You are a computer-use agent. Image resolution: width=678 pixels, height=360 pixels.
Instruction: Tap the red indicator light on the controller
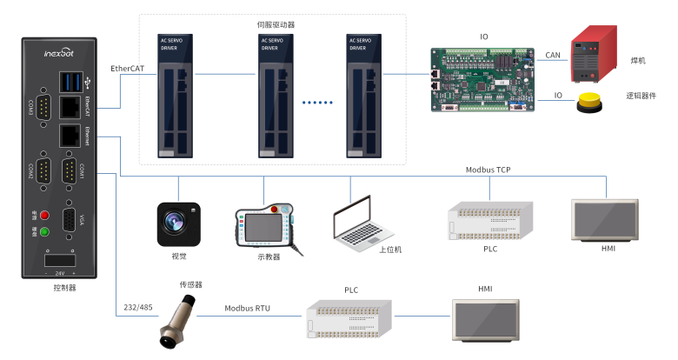click(x=44, y=214)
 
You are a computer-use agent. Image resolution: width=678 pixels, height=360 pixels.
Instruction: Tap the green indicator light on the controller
click(x=44, y=231)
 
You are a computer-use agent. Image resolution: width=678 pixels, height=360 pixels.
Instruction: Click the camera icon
click(x=178, y=223)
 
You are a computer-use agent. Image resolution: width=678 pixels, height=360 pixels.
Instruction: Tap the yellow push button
click(x=590, y=102)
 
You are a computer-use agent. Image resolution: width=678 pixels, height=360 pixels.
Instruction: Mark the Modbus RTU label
click(x=249, y=308)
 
